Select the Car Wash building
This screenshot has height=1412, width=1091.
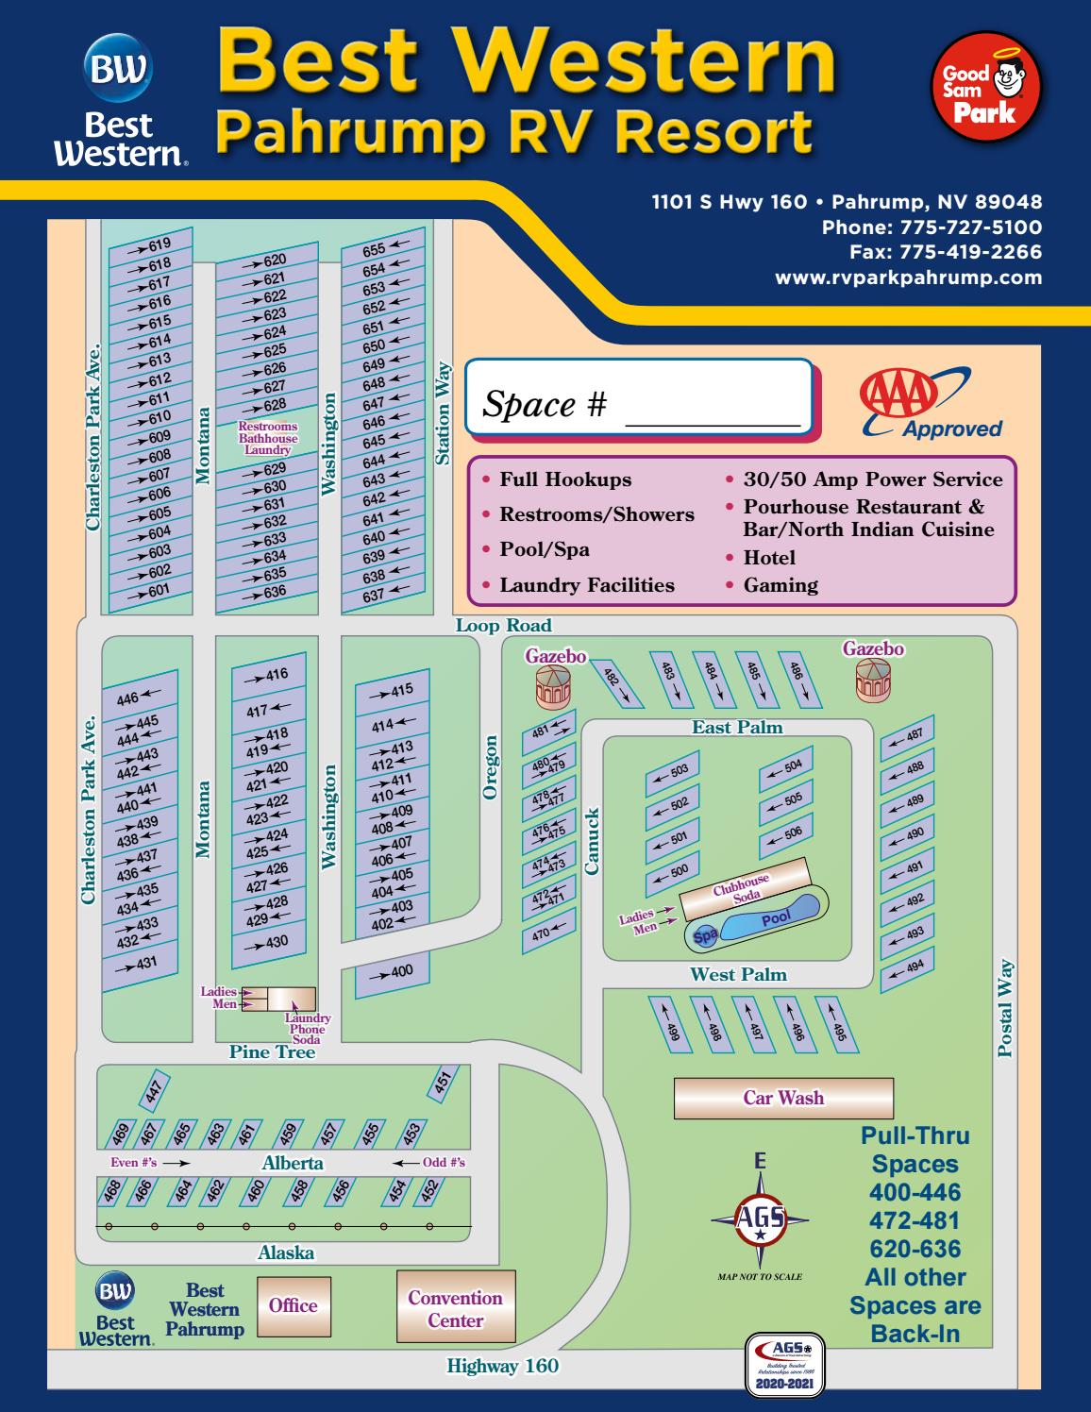pos(783,1098)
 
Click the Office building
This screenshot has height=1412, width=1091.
pos(294,1305)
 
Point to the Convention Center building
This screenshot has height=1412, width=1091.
pos(456,1308)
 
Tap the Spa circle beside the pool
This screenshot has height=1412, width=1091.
pos(705,935)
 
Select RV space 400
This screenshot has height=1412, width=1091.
pos(393,971)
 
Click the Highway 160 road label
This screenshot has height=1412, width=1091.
pos(502,1366)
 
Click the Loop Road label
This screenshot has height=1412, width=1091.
pos(503,625)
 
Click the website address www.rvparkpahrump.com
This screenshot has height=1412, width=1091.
pos(908,277)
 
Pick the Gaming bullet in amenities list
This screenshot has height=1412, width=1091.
pos(780,585)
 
